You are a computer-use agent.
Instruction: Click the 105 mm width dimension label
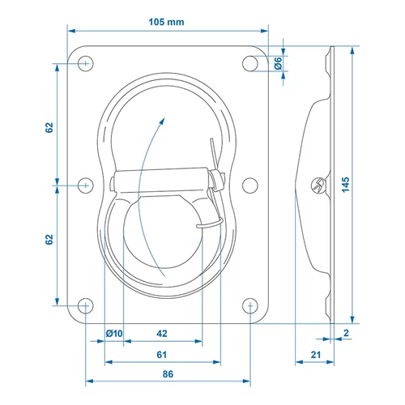click(166, 22)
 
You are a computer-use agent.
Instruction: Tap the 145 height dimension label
click(345, 185)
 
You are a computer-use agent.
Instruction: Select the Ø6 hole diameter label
click(278, 63)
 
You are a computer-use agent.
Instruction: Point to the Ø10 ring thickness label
click(114, 334)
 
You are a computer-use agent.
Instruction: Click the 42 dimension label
click(162, 334)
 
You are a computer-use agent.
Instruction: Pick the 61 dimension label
click(161, 355)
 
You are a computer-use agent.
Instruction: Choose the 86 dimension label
click(168, 374)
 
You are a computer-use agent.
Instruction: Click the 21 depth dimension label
click(315, 355)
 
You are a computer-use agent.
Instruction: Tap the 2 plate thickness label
click(346, 333)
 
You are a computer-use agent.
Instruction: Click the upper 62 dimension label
click(49, 127)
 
